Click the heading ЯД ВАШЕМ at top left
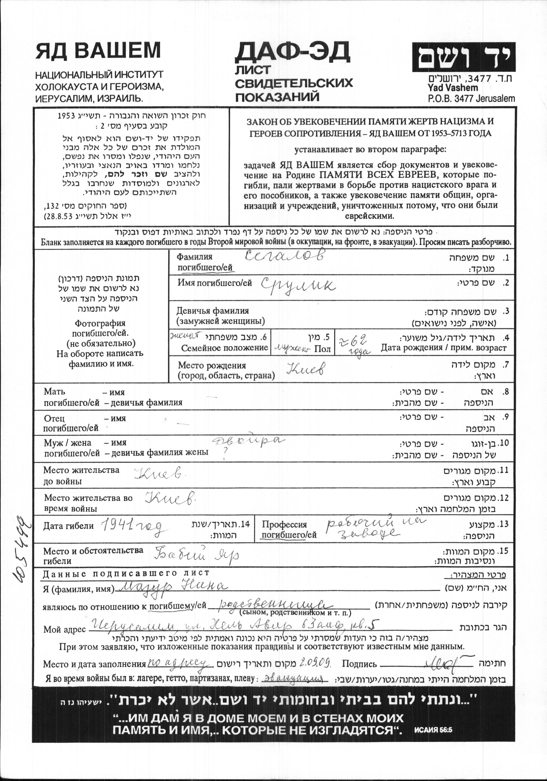(x=98, y=51)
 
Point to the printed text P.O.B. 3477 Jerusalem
(x=471, y=99)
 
